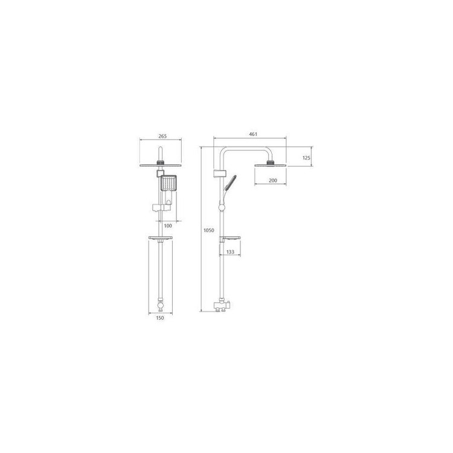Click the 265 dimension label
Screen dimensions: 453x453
(162, 136)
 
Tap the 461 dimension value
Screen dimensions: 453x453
(253, 134)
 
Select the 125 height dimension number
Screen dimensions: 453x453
(306, 158)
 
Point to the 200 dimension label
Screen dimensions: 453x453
(273, 180)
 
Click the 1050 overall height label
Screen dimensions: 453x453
(209, 230)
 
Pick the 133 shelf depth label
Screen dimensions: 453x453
(230, 252)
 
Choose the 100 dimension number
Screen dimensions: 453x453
(168, 226)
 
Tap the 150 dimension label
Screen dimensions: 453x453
(160, 318)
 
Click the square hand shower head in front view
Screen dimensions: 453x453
(169, 183)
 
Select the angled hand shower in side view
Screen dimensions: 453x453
(230, 182)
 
